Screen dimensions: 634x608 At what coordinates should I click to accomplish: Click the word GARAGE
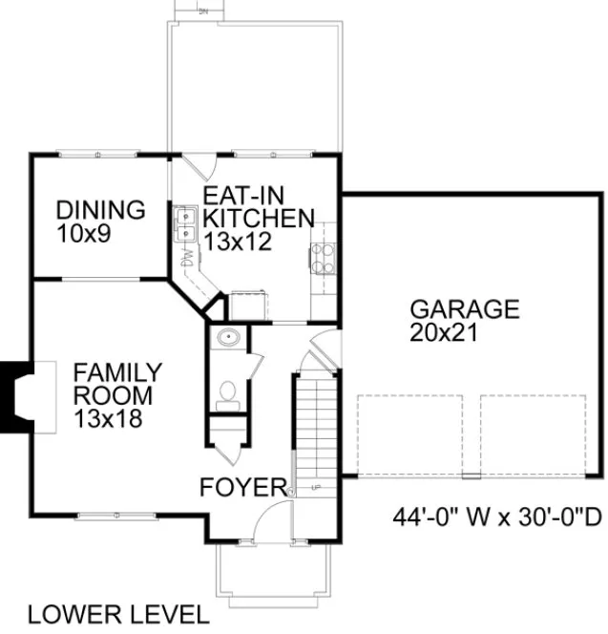point(464,309)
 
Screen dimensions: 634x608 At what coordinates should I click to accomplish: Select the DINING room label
point(99,210)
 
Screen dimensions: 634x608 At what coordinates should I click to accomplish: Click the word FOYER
point(242,488)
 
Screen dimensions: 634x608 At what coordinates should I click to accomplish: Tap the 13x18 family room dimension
point(110,417)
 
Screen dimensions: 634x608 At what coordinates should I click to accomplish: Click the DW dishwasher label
point(188,259)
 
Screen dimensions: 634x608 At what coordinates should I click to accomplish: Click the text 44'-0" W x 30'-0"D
point(496,518)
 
